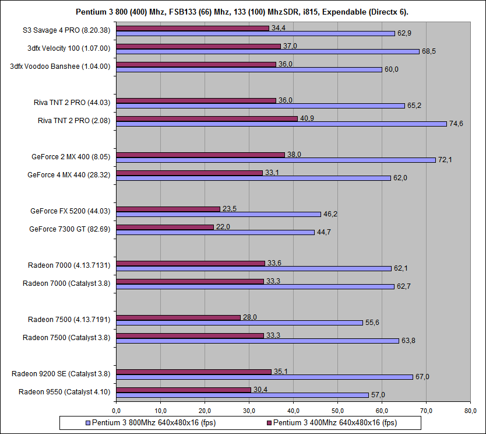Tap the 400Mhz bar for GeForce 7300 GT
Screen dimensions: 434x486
pyautogui.click(x=165, y=226)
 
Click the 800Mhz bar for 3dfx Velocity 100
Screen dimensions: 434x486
pyautogui.click(x=268, y=51)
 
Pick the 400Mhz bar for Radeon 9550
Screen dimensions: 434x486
pyautogui.click(x=184, y=389)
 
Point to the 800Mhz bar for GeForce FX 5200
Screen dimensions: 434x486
pyautogui.click(x=219, y=214)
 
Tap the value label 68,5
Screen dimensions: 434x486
pyautogui.click(x=428, y=51)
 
